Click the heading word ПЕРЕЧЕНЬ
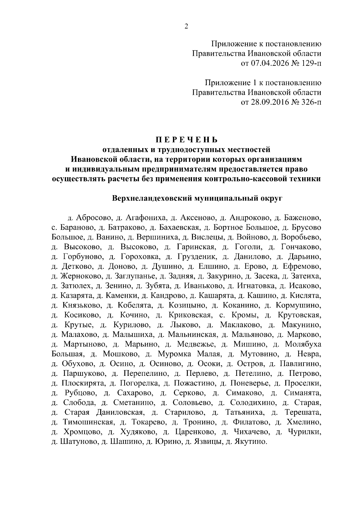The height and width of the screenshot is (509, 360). coord(186,140)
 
